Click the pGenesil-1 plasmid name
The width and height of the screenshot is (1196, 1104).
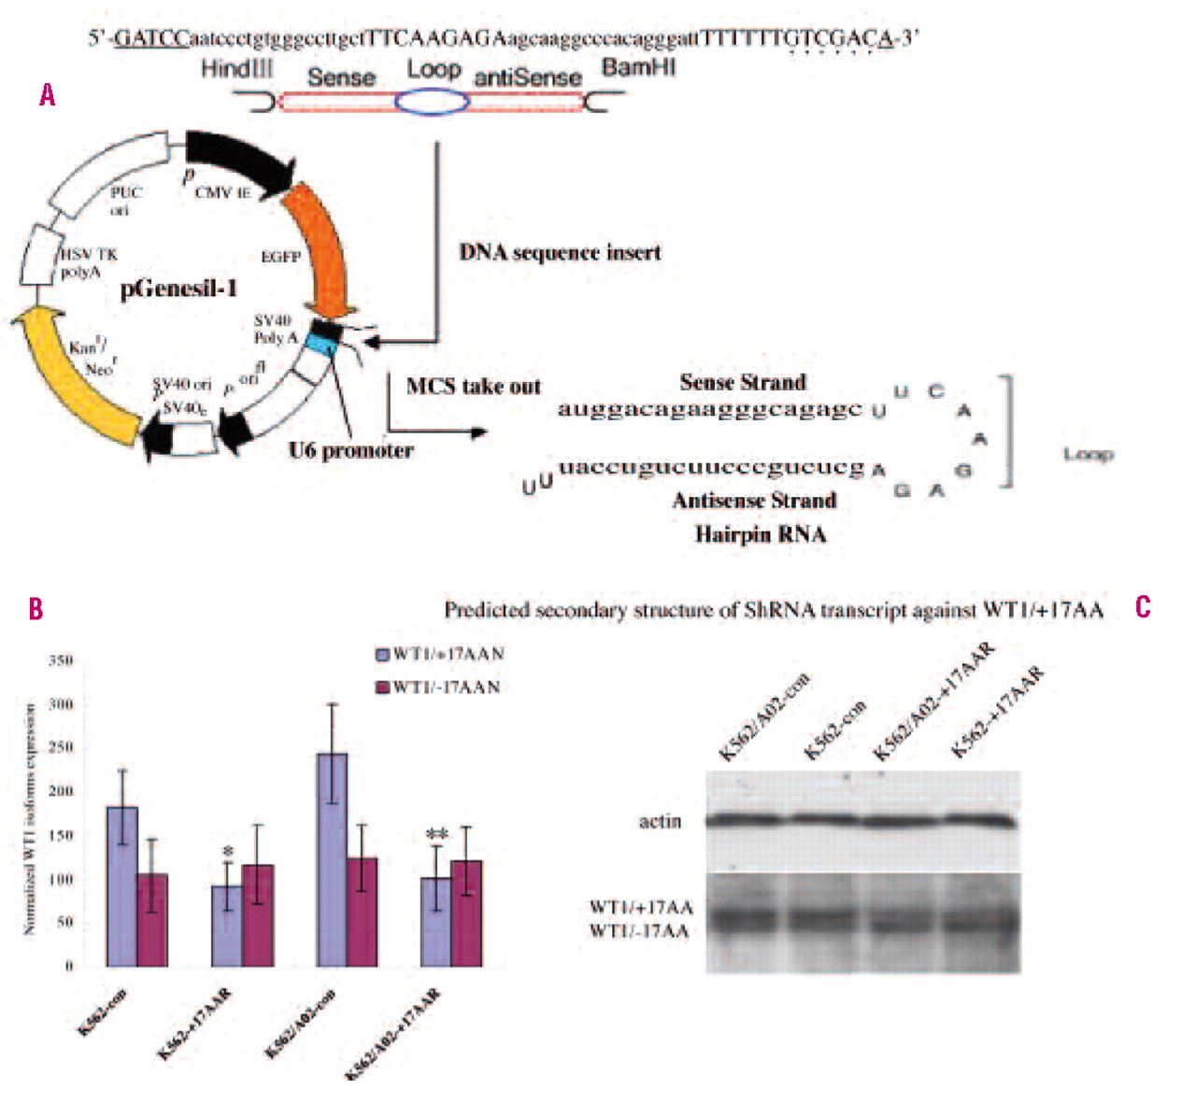pyautogui.click(x=178, y=289)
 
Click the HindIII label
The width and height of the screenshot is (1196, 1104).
pyautogui.click(x=237, y=68)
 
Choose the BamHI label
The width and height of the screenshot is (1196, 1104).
pyautogui.click(x=639, y=68)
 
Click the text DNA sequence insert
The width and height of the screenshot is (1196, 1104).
pyautogui.click(x=560, y=253)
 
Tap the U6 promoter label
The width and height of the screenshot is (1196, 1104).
pyautogui.click(x=350, y=450)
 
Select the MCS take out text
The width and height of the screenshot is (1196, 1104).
pyautogui.click(x=473, y=386)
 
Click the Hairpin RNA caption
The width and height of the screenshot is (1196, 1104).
pyautogui.click(x=760, y=534)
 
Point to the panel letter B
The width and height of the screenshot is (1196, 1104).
pyautogui.click(x=36, y=609)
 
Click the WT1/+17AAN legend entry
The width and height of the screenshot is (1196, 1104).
pyautogui.click(x=439, y=654)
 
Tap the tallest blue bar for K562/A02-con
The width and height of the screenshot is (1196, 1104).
pyautogui.click(x=332, y=859)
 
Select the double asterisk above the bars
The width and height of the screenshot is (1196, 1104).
pyautogui.click(x=436, y=835)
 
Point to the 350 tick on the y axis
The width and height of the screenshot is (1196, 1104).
pyautogui.click(x=60, y=661)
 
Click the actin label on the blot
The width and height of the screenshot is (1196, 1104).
pyautogui.click(x=660, y=822)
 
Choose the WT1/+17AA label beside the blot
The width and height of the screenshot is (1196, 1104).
pyautogui.click(x=641, y=907)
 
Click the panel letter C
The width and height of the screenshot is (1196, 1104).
pyautogui.click(x=1143, y=608)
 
